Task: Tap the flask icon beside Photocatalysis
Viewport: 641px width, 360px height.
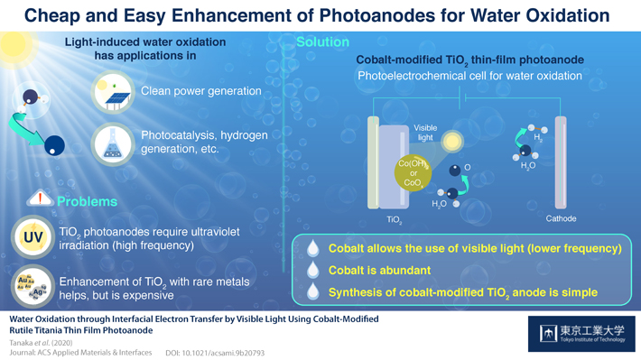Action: [x=115, y=143]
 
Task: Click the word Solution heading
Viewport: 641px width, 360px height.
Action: [x=322, y=42]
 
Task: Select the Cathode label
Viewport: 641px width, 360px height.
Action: [x=561, y=219]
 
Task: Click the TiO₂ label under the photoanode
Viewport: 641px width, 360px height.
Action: [x=394, y=220]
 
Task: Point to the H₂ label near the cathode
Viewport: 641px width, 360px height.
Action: [x=539, y=138]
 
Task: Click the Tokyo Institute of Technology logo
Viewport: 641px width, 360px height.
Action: [x=581, y=334]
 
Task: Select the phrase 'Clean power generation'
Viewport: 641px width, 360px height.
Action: [x=201, y=91]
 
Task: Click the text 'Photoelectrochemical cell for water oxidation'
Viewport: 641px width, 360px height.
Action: [x=469, y=76]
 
